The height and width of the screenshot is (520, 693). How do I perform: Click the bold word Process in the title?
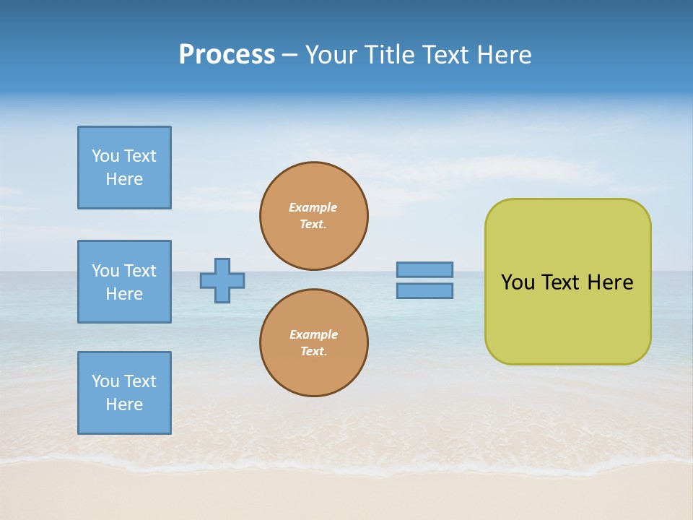point(227,55)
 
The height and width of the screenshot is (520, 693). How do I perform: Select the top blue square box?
point(124,168)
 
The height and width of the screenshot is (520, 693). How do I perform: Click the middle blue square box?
point(124,282)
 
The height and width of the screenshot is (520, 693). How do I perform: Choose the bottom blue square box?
point(124,393)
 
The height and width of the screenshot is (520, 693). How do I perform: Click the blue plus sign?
point(222,280)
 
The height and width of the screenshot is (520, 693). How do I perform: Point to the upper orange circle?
point(313,216)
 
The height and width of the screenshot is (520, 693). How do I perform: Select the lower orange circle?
point(313,343)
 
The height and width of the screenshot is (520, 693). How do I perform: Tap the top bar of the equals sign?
point(424,269)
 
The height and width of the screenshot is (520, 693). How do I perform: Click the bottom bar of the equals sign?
point(424,290)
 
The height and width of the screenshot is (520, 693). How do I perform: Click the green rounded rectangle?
point(567,282)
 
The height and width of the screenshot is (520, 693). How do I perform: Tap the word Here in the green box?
point(610,282)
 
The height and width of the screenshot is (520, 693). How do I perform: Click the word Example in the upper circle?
point(313,207)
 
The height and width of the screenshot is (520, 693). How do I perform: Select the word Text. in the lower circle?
point(313,351)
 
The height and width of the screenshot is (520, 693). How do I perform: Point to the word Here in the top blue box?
point(124,179)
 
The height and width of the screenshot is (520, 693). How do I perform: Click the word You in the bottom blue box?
point(105,381)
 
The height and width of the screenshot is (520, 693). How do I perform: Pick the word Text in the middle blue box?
point(140,271)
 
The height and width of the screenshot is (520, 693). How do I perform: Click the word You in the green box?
point(518,282)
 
